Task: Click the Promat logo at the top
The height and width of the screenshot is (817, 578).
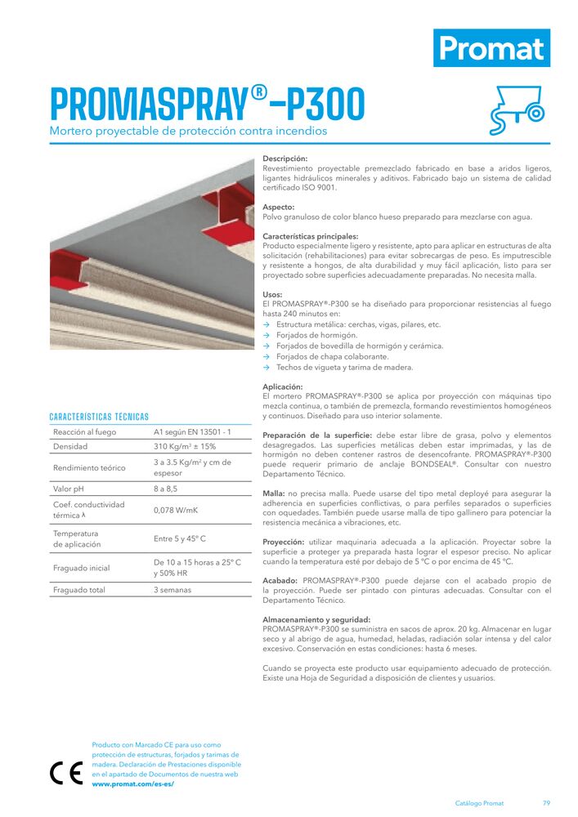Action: [x=491, y=48]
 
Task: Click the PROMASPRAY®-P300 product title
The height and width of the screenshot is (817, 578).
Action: [x=208, y=105]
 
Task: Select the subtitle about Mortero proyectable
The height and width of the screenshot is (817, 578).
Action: [x=188, y=131]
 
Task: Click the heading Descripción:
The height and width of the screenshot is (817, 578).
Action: [x=285, y=158]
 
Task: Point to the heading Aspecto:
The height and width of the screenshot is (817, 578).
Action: [x=278, y=208]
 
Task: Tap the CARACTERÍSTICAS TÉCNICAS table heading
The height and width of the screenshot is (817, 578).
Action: [x=99, y=417]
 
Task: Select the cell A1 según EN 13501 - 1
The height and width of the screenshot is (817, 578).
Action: [x=193, y=431]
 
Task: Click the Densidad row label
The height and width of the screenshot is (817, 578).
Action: [x=70, y=447]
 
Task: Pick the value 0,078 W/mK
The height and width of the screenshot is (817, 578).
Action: [x=176, y=510]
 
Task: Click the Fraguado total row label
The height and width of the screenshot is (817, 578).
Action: [x=79, y=590]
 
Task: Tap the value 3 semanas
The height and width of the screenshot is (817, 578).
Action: [x=173, y=590]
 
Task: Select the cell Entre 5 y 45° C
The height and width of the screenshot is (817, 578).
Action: [x=180, y=538]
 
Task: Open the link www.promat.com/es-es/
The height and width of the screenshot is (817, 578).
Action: [x=133, y=784]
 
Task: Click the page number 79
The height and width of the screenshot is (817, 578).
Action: [x=546, y=803]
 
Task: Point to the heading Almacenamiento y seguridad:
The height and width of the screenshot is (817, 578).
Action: [x=316, y=619]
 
